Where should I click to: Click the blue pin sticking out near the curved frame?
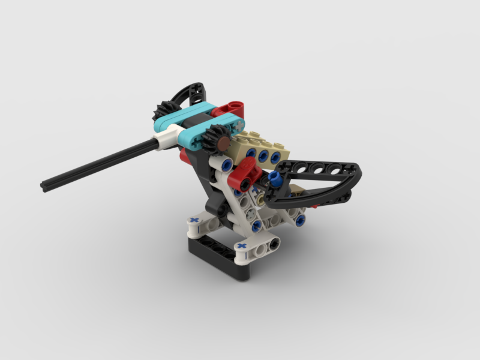pyautogui.click(x=275, y=177)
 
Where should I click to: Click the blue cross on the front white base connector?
pyautogui.click(x=242, y=246)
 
